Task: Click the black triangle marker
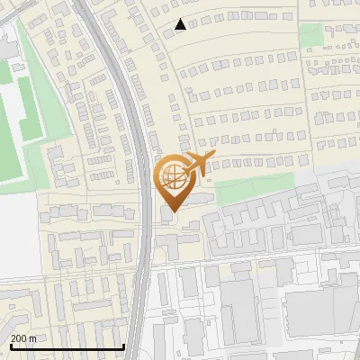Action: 181,24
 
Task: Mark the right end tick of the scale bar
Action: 123,346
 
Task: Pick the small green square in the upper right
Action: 310,34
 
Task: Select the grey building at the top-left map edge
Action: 7,45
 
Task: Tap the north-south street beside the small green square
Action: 297,36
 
